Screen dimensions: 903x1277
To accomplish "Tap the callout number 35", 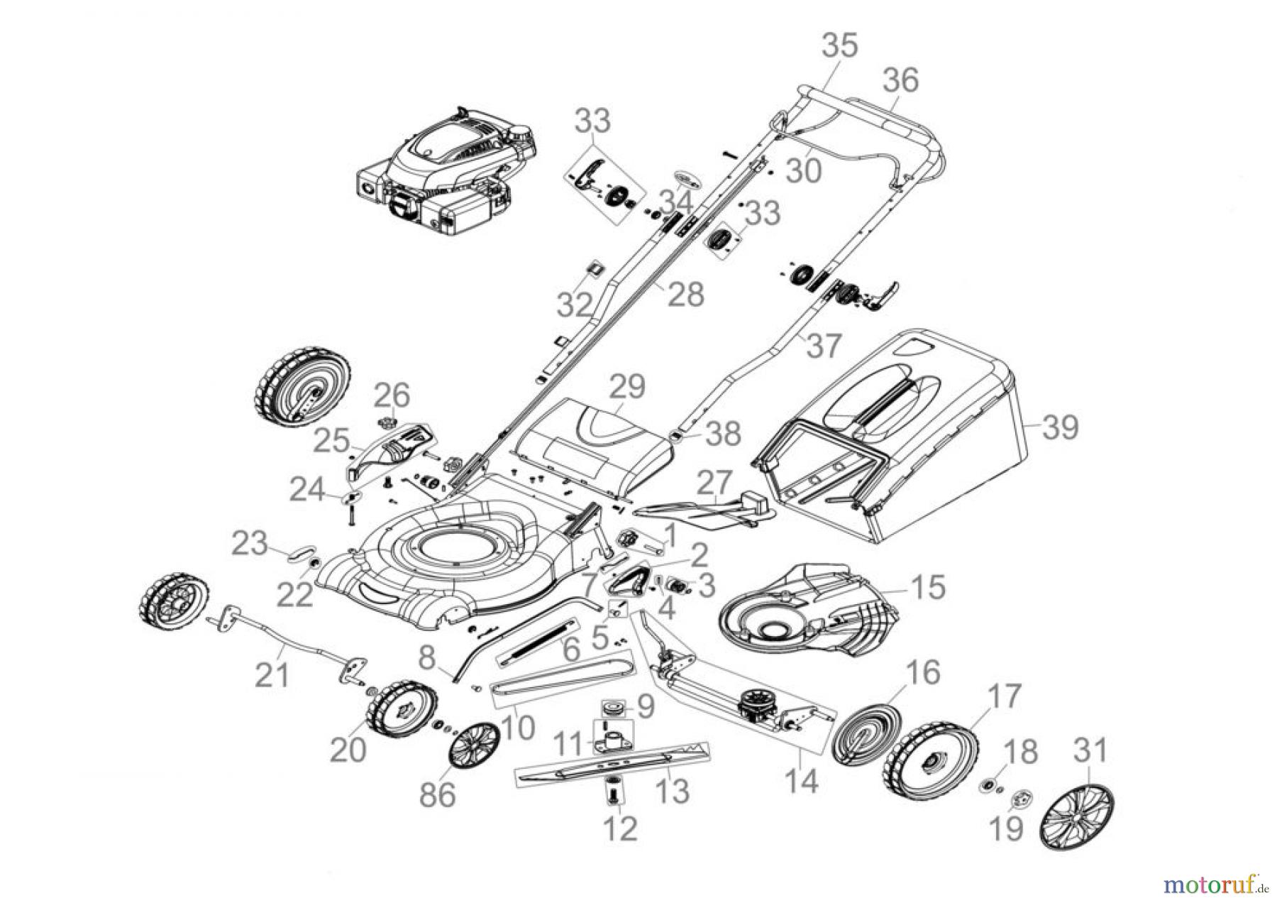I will coord(840,45).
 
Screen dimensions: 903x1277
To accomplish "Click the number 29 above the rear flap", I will coord(627,388).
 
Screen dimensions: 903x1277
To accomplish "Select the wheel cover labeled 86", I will coord(473,745).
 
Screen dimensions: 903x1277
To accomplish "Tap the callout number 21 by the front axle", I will coord(272,675).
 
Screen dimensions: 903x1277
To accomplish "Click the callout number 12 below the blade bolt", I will coord(619,828).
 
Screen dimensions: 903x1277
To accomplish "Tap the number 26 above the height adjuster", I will coord(392,395).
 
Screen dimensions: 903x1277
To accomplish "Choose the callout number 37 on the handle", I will coord(825,347).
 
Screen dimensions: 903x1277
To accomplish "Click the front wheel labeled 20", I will coord(400,710).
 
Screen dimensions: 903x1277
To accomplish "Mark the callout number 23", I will coord(250,544).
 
